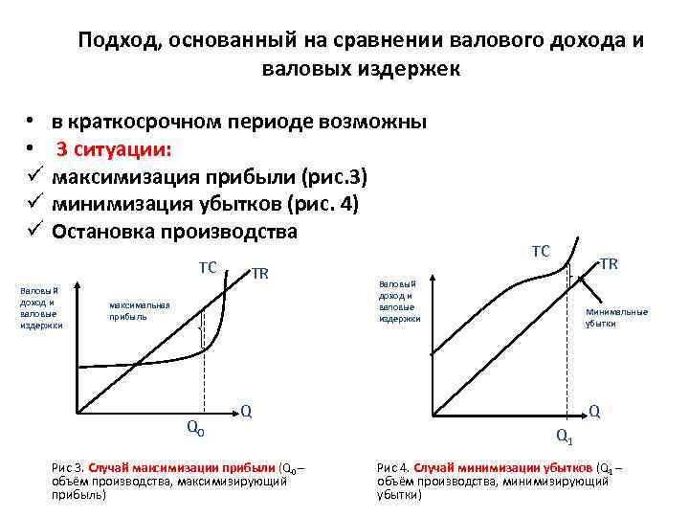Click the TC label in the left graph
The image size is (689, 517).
point(208,267)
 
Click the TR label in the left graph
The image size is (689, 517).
point(259,274)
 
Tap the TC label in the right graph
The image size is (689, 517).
point(541,251)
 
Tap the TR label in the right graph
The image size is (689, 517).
point(608,263)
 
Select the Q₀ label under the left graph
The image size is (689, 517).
point(194,428)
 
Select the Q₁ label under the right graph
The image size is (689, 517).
point(565,437)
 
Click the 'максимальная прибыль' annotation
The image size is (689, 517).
point(139,311)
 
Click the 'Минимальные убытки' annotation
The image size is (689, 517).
point(616,317)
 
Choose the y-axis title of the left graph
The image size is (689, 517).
point(40,306)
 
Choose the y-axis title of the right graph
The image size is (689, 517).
point(400,301)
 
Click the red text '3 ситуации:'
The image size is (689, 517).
point(114,149)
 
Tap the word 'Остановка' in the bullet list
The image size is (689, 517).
point(106,232)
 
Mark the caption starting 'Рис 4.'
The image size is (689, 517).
point(499,481)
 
